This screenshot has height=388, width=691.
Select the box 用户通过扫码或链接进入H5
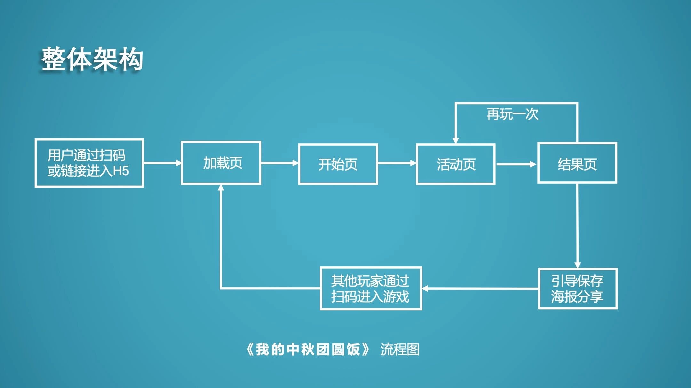tap(89, 163)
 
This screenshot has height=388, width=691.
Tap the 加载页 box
tap(221, 163)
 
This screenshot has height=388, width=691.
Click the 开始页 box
tap(338, 164)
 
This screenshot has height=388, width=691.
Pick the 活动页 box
tap(456, 164)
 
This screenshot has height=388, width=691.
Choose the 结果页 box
tap(577, 164)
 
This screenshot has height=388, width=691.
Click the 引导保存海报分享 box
tap(577, 289)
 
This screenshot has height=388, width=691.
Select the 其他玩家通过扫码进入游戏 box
tap(371, 288)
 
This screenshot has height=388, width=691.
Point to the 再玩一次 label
tap(512, 114)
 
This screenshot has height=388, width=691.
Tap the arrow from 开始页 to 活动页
tap(397, 163)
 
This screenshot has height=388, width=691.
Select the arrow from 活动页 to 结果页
tap(516, 164)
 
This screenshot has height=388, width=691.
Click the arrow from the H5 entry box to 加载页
tap(162, 163)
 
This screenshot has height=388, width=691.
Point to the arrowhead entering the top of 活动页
tap(456, 141)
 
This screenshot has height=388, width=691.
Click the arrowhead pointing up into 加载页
tap(221, 188)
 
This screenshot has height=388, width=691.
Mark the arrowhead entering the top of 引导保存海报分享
tap(577, 265)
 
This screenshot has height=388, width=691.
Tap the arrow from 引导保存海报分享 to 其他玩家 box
tap(480, 289)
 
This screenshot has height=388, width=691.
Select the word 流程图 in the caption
tap(400, 349)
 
